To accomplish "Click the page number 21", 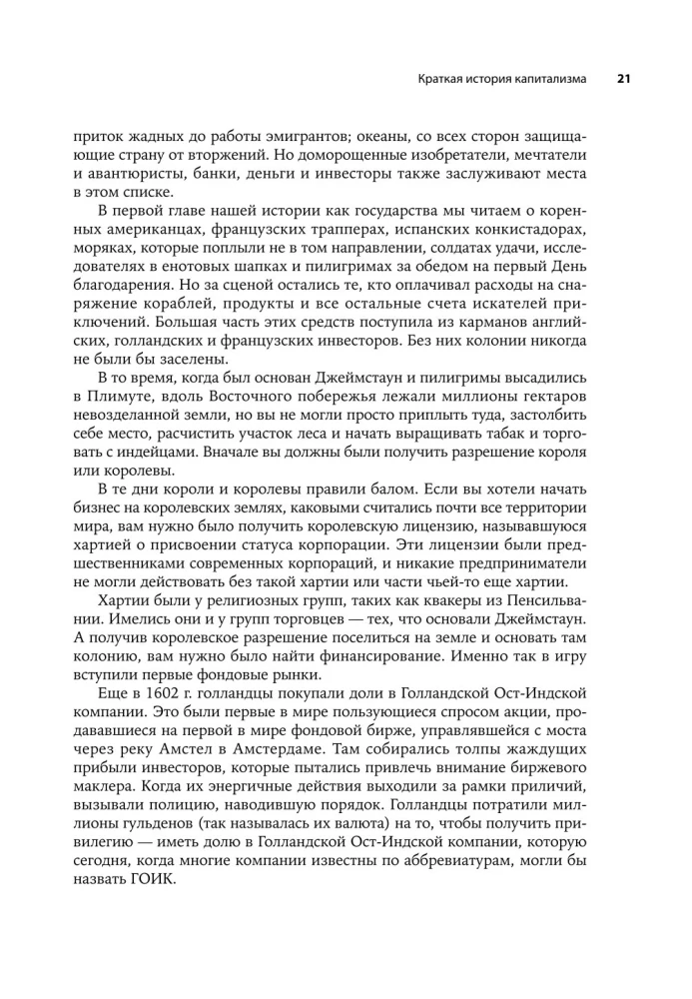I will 621,78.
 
